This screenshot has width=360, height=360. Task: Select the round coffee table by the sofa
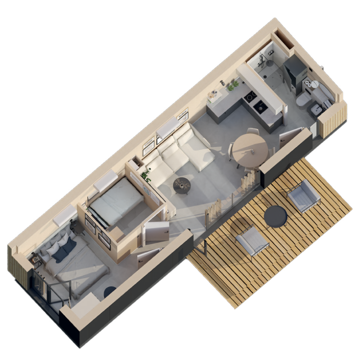[182, 184]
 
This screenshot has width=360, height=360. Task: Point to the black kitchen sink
[260, 106]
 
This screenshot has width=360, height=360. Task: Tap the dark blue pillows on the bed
[63, 250]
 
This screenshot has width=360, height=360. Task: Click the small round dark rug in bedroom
[109, 292]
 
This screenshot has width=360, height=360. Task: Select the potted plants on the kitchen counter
[232, 85]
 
